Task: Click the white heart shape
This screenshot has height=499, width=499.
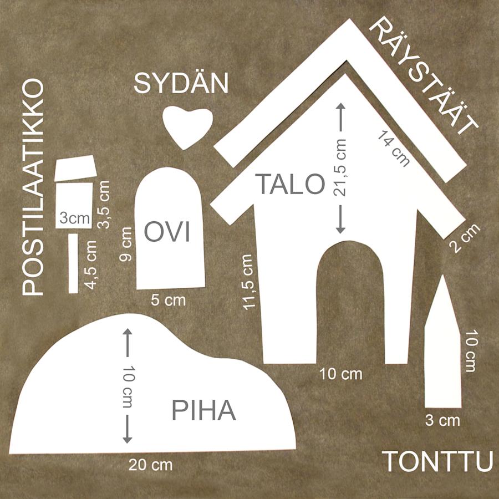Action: point(187,126)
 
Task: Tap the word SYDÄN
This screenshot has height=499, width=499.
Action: point(181,83)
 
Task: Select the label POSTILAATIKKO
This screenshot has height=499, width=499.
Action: point(33,187)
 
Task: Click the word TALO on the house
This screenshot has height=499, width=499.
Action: point(290,184)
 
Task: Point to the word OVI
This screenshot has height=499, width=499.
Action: point(167,232)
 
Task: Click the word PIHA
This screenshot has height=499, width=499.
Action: point(203,410)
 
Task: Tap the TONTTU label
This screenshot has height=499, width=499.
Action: point(437,461)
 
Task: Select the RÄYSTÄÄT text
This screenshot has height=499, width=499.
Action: point(424,77)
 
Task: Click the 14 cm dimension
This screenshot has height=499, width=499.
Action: point(394,149)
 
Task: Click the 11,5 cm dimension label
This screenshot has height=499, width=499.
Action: point(248,282)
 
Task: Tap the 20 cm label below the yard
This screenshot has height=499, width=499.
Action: point(150,465)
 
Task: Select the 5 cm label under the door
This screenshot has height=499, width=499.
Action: point(168,301)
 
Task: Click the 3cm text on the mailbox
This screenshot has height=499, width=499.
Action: point(75,218)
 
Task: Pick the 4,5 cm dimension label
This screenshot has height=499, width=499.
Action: point(90,265)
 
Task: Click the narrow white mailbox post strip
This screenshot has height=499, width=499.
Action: point(74,263)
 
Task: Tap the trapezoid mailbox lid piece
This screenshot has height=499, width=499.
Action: point(76,169)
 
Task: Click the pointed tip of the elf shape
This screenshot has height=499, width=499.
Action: point(443,276)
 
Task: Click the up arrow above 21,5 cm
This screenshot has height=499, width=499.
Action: point(341,117)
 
